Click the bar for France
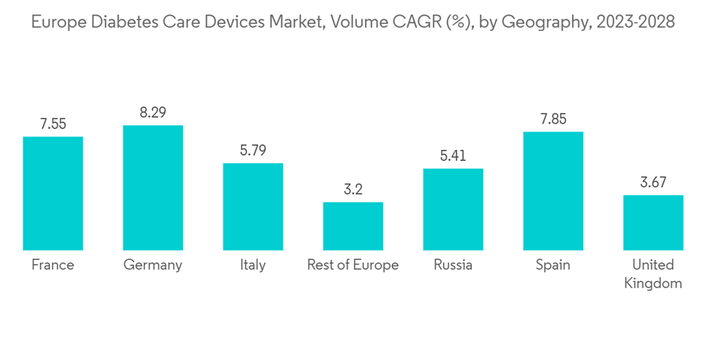tap(53, 193)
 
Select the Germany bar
tap(153, 187)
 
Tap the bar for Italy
tap(253, 206)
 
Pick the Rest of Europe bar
tap(353, 226)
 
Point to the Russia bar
tap(453, 209)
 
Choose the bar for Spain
tap(553, 191)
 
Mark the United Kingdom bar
tap(653, 222)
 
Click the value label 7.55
tap(53, 124)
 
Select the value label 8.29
tap(153, 112)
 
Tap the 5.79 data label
tap(253, 151)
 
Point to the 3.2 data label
tap(353, 189)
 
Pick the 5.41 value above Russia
tap(453, 156)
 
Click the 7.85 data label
tap(553, 119)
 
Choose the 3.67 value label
tap(653, 182)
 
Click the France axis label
tap(53, 265)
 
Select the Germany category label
tap(153, 265)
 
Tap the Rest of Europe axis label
tap(353, 265)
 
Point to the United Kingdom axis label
tap(653, 274)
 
